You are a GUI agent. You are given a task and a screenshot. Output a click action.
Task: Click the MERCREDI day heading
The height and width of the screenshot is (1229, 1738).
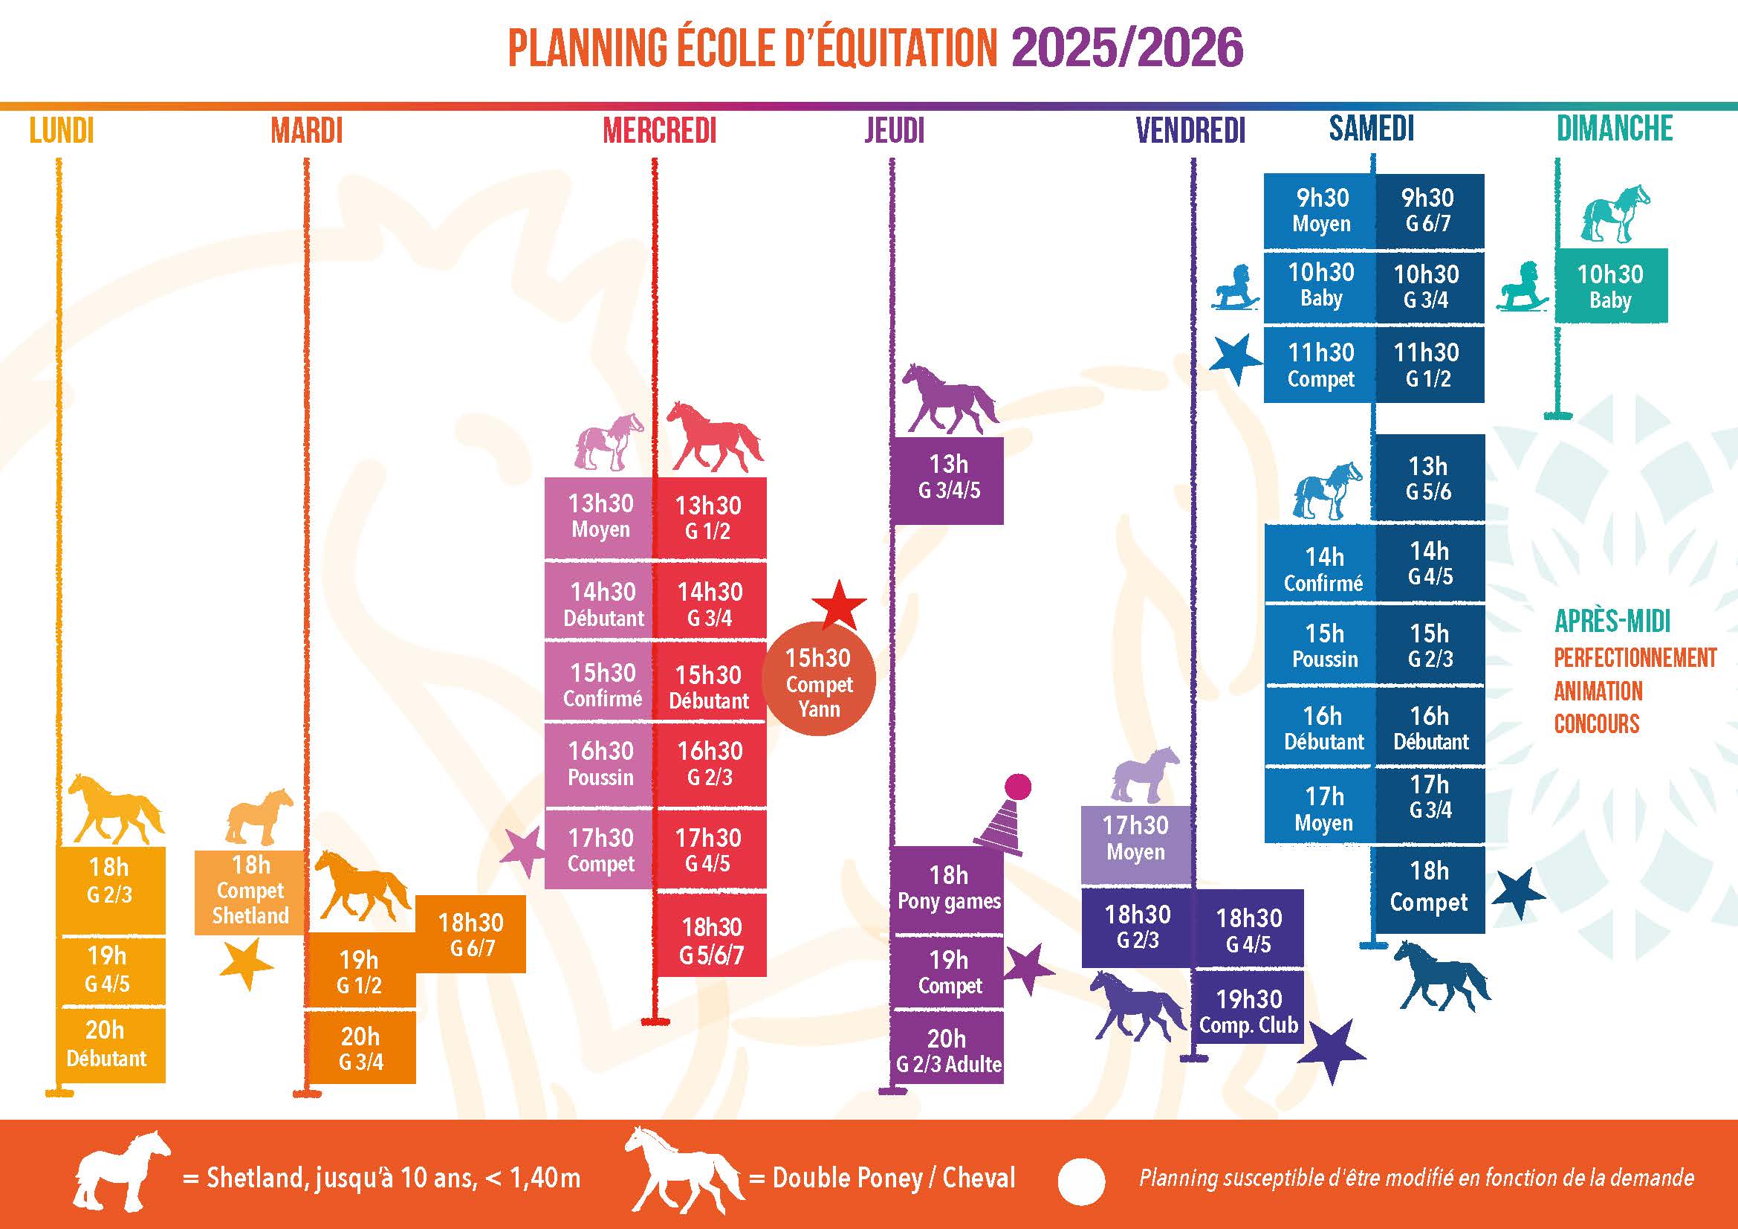pyautogui.click(x=659, y=131)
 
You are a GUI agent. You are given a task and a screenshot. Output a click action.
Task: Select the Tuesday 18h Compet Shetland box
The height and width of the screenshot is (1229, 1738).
pyautogui.click(x=250, y=891)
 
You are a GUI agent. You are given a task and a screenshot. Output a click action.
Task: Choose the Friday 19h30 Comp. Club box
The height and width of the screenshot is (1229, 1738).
pyautogui.click(x=1248, y=1012)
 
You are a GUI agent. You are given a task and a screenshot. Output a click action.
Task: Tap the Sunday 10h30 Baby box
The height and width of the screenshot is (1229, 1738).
pyautogui.click(x=1610, y=286)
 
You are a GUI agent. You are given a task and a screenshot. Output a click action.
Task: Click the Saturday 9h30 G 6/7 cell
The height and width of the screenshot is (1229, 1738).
pyautogui.click(x=1428, y=210)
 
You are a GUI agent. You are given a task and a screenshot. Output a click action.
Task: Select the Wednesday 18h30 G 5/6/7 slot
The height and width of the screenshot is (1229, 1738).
pyautogui.click(x=711, y=940)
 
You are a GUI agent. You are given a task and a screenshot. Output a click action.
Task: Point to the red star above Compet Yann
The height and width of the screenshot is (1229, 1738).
pyautogui.click(x=839, y=604)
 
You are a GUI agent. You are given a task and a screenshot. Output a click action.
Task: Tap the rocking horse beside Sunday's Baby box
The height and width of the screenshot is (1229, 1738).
pyautogui.click(x=1523, y=288)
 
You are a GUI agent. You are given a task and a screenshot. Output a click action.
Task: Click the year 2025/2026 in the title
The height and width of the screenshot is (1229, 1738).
pyautogui.click(x=1127, y=47)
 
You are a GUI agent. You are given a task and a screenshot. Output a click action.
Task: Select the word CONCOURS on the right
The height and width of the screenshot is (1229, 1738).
pyautogui.click(x=1596, y=724)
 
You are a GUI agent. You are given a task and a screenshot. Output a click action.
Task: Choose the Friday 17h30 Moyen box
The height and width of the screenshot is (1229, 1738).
pyautogui.click(x=1135, y=837)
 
